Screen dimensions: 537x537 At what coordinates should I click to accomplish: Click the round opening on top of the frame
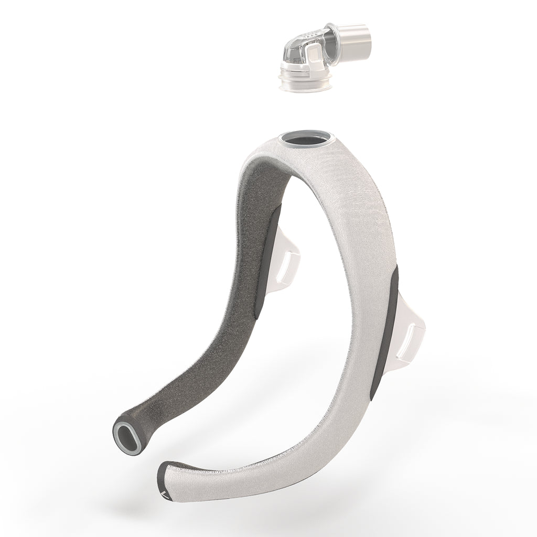click(307, 141)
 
